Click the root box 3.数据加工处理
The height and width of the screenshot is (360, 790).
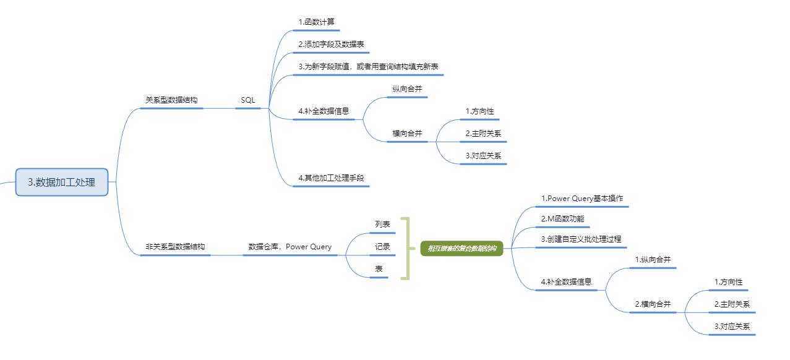(x=62, y=182)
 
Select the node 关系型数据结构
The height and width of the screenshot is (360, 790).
(x=171, y=100)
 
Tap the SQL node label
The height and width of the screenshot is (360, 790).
(x=247, y=100)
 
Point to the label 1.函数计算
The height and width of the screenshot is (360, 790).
(x=316, y=22)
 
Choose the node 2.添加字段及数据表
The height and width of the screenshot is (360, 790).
(x=330, y=45)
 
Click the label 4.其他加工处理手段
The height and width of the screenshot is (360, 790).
(x=331, y=178)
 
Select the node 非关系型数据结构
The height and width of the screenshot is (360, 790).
(x=175, y=246)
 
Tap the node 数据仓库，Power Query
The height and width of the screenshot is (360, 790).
(x=290, y=246)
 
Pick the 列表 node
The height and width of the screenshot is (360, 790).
(x=382, y=224)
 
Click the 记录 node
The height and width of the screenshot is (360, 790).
(x=382, y=246)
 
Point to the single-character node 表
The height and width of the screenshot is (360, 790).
(x=379, y=268)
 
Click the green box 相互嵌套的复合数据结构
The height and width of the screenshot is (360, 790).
(x=462, y=248)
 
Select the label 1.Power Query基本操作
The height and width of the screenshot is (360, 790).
(x=582, y=199)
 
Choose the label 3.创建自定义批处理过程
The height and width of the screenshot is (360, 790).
(x=581, y=239)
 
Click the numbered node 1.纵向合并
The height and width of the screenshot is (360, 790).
(x=653, y=260)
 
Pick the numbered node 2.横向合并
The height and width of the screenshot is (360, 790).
(x=653, y=304)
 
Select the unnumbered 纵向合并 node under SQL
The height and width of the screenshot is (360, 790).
(x=407, y=89)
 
